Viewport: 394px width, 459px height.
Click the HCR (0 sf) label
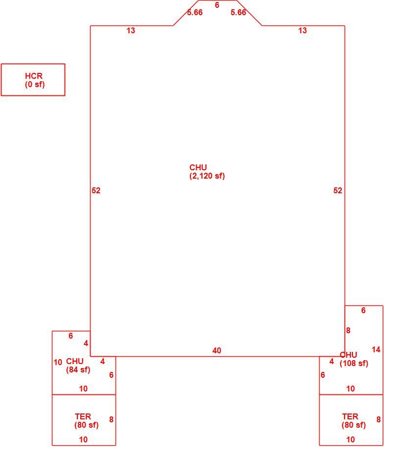pos(35,80)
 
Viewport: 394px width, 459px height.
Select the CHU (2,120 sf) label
pos(207,172)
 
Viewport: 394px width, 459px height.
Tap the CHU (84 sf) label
pos(78,366)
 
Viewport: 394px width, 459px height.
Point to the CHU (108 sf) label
pos(353,359)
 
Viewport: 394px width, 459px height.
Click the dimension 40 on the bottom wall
pos(217,350)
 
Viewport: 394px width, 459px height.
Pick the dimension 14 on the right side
pos(376,349)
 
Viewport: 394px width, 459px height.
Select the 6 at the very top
pos(217,5)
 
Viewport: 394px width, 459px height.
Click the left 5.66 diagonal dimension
pos(195,12)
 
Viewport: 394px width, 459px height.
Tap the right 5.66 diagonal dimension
pos(238,12)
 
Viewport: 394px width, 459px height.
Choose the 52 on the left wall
pos(96,190)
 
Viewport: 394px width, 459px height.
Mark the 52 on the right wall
pos(338,190)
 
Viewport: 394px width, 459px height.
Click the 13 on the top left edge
pos(131,30)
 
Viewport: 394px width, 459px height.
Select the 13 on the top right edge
pos(302,30)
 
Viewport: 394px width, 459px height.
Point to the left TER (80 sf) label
pos(86,421)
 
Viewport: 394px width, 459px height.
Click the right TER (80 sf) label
pos(353,421)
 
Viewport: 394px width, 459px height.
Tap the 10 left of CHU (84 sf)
pos(58,363)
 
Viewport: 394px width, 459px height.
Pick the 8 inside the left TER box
pos(111,419)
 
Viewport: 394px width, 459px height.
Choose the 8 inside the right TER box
pos(378,419)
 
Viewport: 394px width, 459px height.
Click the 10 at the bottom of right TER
pos(350,439)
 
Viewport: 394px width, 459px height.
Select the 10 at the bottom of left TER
pos(83,439)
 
